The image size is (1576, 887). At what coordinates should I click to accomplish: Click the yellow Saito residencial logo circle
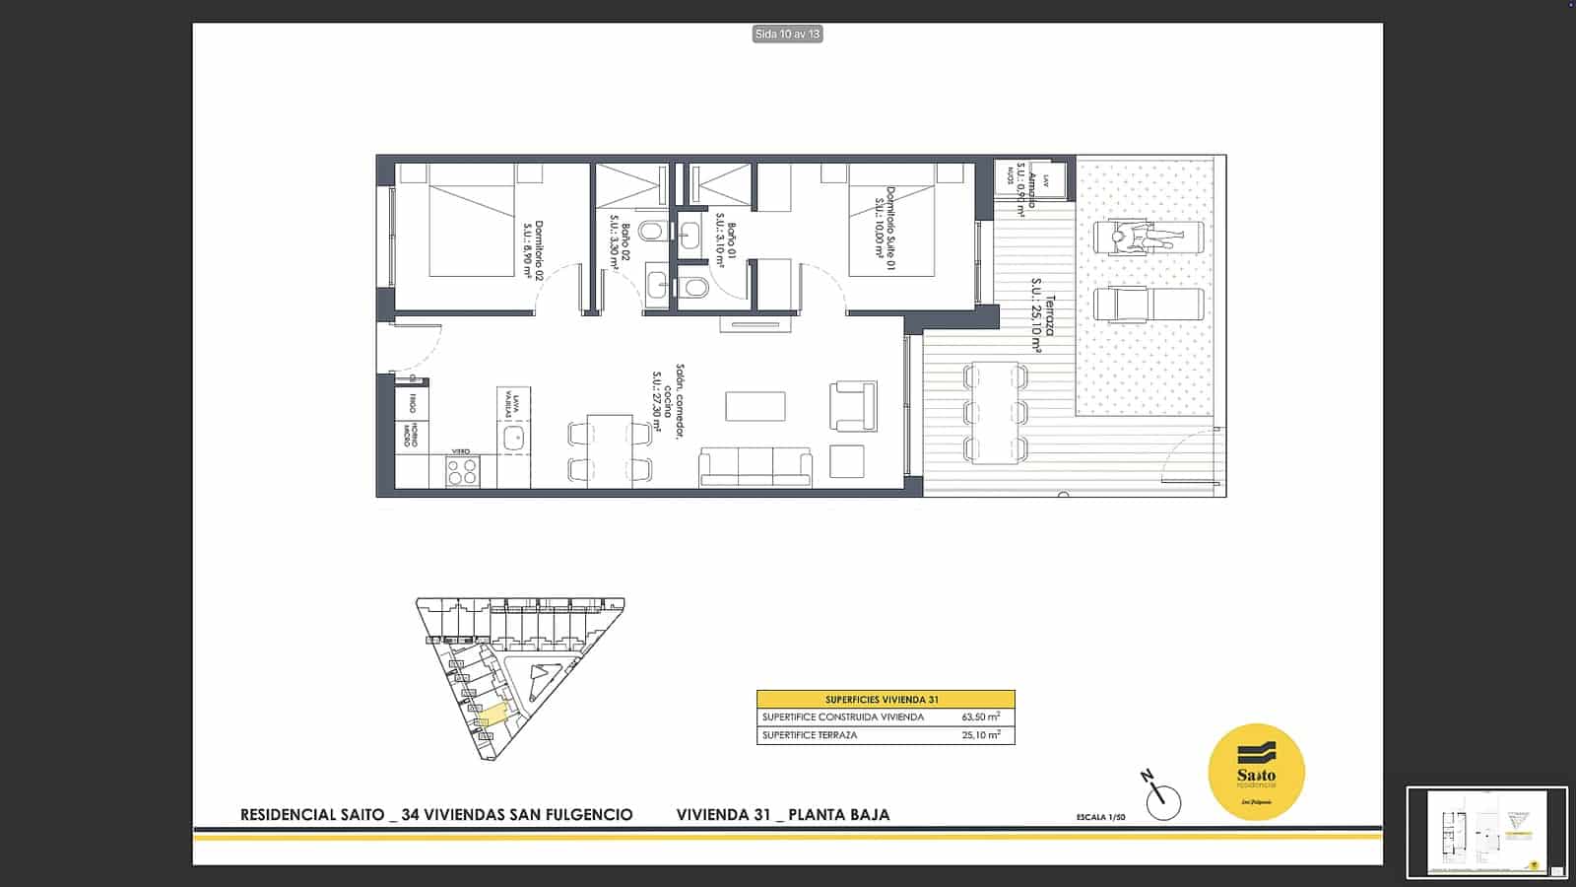tap(1256, 774)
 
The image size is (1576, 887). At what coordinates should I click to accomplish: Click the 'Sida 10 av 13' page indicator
tap(787, 34)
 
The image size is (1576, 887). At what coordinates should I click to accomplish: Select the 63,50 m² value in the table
tap(980, 717)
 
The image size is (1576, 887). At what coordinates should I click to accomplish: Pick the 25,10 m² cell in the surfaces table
tap(980, 735)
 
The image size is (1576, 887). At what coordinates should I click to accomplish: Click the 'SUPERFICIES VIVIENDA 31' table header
tap(885, 699)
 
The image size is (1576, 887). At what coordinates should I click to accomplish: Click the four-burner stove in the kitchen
tap(462, 471)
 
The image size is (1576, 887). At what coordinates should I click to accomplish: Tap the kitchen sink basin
tap(513, 439)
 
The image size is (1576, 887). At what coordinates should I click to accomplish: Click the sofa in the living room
tap(755, 467)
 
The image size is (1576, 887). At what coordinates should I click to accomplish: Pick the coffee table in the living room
tap(755, 406)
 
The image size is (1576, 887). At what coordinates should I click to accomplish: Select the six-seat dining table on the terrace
tap(995, 413)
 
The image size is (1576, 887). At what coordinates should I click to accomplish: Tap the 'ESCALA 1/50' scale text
tap(1100, 817)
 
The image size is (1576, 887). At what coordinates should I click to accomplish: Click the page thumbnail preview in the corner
tap(1486, 832)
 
